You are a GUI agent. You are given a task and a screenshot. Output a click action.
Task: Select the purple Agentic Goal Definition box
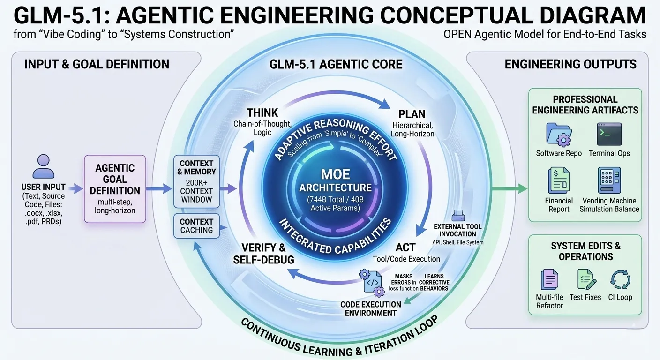tap(115, 189)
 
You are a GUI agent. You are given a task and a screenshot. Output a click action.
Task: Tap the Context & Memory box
tap(196, 181)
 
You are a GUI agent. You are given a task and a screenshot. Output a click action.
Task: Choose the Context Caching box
tap(196, 225)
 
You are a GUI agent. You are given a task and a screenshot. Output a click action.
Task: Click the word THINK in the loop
tap(262, 113)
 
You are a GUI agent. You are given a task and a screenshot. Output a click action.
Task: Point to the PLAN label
tap(412, 114)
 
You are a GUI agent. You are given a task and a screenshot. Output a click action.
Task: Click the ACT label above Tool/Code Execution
tap(405, 247)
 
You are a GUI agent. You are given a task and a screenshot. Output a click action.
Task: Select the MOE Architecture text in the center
tap(335, 180)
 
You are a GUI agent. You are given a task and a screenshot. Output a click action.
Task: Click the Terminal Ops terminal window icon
tap(609, 134)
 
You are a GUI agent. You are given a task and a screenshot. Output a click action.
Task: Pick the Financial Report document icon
tap(559, 181)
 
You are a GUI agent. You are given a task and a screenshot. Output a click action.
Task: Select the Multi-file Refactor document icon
tap(549, 280)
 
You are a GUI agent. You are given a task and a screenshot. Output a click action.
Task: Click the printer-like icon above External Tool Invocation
tap(457, 216)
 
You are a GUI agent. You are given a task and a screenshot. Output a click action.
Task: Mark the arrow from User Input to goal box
tap(73, 189)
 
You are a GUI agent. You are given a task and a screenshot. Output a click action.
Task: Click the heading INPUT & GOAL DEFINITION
tap(97, 64)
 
